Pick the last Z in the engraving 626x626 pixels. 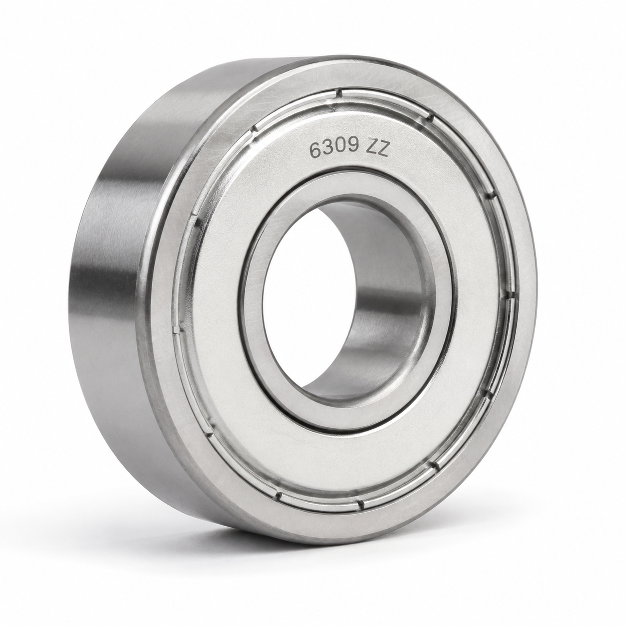383,150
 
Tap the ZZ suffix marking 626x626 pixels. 378,150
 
